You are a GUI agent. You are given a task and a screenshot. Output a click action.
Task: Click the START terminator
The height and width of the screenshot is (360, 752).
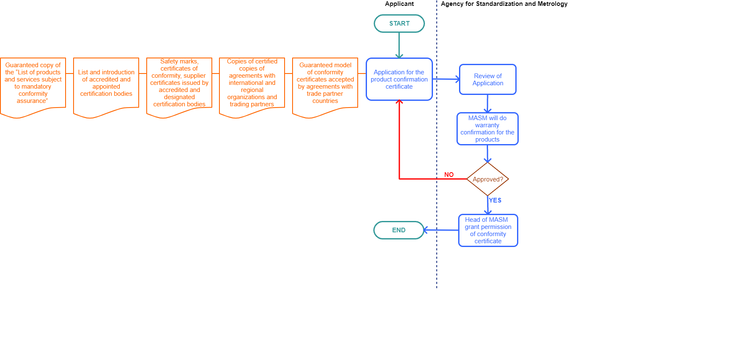pyautogui.click(x=399, y=24)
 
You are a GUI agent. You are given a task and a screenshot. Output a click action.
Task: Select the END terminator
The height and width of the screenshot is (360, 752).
pyautogui.click(x=398, y=230)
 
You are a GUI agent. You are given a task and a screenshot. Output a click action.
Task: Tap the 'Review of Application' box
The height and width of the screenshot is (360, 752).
pyautogui.click(x=488, y=79)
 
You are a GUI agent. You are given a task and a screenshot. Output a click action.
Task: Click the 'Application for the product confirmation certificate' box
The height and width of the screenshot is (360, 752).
pyautogui.click(x=399, y=79)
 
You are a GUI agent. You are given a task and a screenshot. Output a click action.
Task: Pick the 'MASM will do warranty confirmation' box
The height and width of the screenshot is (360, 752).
pyautogui.click(x=487, y=129)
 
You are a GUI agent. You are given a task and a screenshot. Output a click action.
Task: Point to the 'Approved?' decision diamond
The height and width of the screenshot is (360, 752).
pyautogui.click(x=488, y=179)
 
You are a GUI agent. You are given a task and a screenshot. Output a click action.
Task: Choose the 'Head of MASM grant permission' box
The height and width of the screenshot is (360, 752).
pyautogui.click(x=488, y=230)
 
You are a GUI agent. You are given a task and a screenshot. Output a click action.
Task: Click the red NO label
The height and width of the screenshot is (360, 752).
pyautogui.click(x=449, y=175)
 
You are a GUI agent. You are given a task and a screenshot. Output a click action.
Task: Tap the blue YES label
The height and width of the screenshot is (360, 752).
pyautogui.click(x=495, y=200)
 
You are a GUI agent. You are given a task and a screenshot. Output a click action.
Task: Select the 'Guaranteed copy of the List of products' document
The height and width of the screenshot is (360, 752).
pyautogui.click(x=33, y=84)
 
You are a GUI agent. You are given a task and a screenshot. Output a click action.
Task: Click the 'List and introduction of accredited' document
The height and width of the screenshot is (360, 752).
pyautogui.click(x=106, y=84)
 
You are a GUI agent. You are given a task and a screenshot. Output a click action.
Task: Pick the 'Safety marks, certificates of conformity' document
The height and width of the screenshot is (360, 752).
pyautogui.click(x=179, y=84)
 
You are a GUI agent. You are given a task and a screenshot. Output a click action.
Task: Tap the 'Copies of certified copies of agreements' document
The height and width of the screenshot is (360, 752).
pyautogui.click(x=252, y=84)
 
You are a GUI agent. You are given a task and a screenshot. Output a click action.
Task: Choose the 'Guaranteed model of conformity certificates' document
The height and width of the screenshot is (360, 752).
pyautogui.click(x=325, y=84)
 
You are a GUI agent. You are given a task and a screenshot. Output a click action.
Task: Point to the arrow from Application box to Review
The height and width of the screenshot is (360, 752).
pyautogui.click(x=446, y=79)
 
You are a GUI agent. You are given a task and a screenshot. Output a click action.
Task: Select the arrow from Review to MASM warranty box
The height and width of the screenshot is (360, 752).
pyautogui.click(x=488, y=104)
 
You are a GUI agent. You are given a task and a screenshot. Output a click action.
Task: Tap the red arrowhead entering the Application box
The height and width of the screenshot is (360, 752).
pyautogui.click(x=399, y=102)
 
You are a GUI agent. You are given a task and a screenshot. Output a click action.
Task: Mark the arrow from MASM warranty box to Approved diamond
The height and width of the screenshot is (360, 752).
pyautogui.click(x=488, y=154)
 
